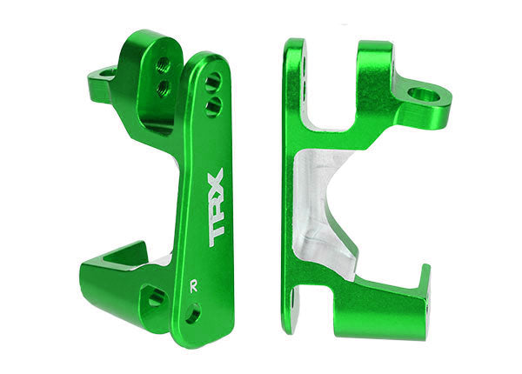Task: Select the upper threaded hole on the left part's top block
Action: coord(163,64)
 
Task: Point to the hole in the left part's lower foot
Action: coord(157,297)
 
